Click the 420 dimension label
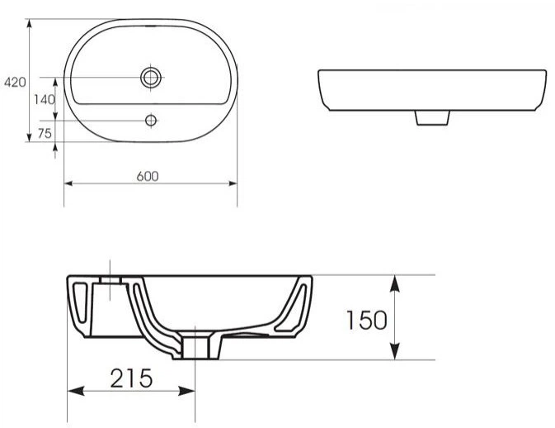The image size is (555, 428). click(x=15, y=83)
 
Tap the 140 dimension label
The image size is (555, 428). click(x=45, y=100)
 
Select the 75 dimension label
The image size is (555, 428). click(x=45, y=133)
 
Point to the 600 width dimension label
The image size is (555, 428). click(x=148, y=176)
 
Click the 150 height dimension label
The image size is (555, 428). click(x=366, y=321)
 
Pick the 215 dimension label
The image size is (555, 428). click(x=131, y=378)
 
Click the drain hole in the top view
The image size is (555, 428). click(x=151, y=77)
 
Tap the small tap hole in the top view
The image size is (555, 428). click(x=151, y=121)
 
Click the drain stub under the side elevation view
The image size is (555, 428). click(x=432, y=117)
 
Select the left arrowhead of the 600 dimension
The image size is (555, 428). click(x=68, y=183)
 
